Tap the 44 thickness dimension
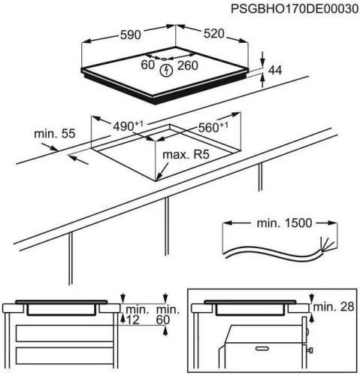tap(274, 69)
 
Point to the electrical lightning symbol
tap(167, 70)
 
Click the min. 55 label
tap(55, 134)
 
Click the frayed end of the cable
tap(324, 245)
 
